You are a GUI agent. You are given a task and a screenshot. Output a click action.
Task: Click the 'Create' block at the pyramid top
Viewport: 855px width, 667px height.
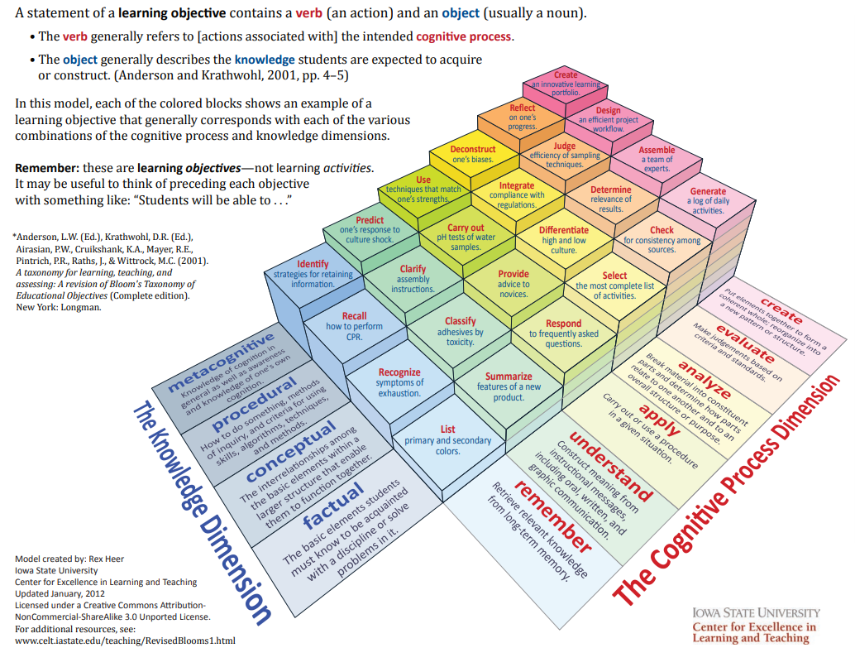click(x=566, y=84)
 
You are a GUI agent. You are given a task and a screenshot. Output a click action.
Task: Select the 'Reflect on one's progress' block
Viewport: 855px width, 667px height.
click(x=522, y=117)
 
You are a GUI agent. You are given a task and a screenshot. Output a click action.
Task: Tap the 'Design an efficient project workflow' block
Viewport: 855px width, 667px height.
click(x=608, y=120)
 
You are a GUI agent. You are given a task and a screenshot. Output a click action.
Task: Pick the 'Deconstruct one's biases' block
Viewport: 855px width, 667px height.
click(x=472, y=154)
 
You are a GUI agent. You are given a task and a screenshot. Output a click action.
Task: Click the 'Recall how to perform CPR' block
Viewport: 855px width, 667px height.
click(x=354, y=326)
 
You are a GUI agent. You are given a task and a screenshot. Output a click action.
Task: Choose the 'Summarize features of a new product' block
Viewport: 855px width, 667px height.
click(x=509, y=386)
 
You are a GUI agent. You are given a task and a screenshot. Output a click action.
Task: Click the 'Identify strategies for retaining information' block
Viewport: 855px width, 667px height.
click(x=313, y=274)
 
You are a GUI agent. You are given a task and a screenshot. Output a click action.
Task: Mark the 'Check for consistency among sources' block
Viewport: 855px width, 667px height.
click(x=662, y=240)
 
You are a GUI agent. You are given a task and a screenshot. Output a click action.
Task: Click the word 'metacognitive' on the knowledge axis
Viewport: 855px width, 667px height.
click(x=222, y=362)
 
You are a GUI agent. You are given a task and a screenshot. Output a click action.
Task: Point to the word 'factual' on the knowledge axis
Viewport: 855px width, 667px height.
click(x=333, y=506)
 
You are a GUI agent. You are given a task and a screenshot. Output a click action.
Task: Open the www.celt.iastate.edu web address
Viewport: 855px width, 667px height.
click(x=125, y=641)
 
